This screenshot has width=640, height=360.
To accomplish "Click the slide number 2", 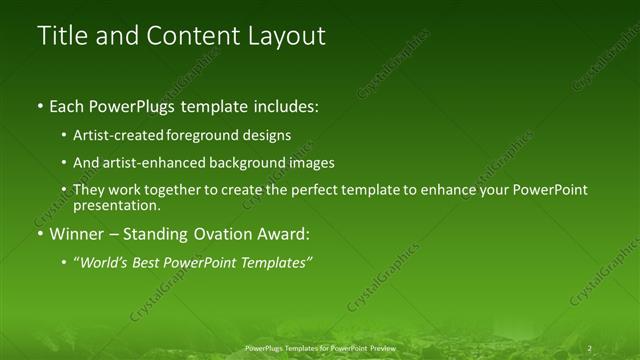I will pyautogui.click(x=590, y=347).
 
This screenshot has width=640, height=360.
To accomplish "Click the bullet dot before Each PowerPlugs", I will pyautogui.click(x=39, y=105).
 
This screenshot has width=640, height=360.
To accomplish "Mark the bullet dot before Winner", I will pyautogui.click(x=39, y=235).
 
